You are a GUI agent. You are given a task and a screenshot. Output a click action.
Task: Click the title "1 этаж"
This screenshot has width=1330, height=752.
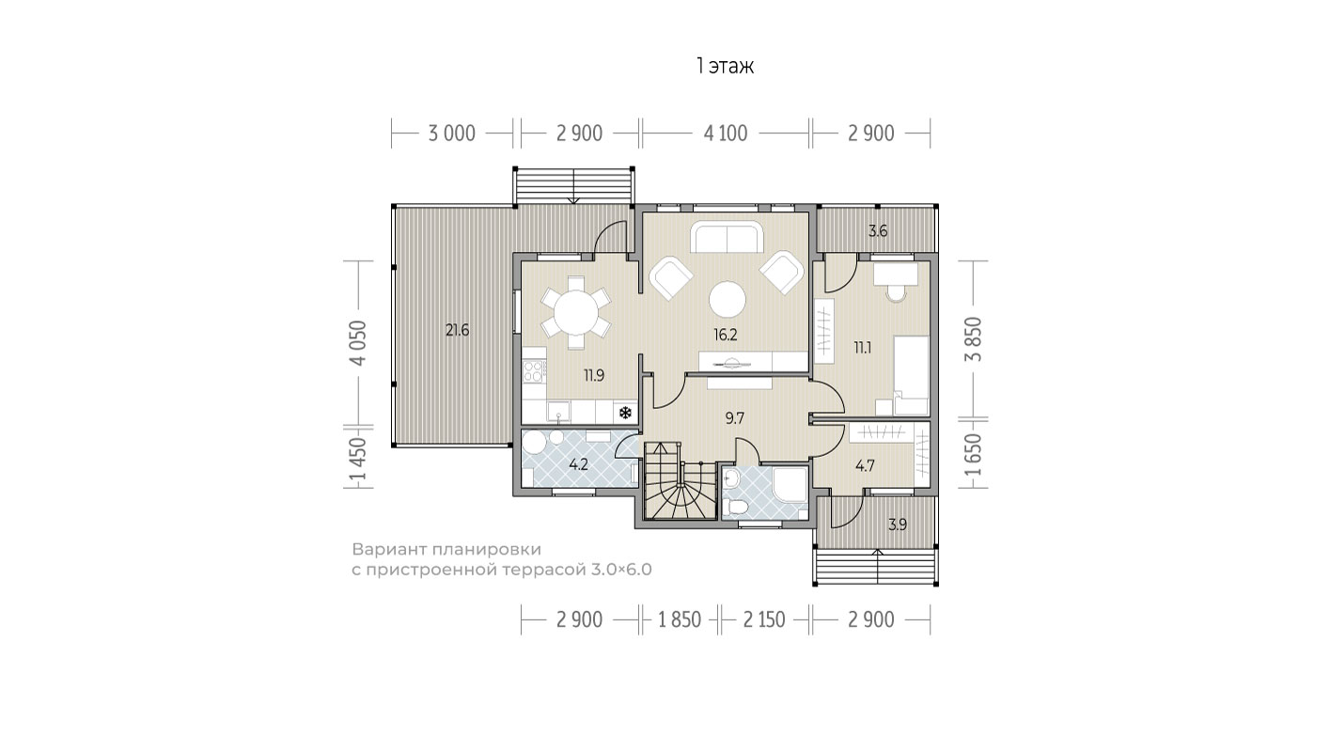pyautogui.click(x=725, y=66)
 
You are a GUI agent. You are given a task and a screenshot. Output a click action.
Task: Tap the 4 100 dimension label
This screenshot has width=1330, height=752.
pyautogui.click(x=725, y=133)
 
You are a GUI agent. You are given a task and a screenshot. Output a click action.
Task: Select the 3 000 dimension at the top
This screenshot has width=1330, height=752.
pyautogui.click(x=452, y=133)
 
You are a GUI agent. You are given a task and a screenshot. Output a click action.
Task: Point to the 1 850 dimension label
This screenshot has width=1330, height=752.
pyautogui.click(x=680, y=620)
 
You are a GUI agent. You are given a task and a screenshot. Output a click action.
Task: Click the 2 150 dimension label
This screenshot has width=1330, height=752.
pyautogui.click(x=764, y=620)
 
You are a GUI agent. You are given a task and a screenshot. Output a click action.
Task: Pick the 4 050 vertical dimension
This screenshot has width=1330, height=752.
pyautogui.click(x=359, y=343)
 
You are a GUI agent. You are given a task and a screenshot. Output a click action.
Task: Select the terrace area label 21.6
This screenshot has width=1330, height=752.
pyautogui.click(x=457, y=330)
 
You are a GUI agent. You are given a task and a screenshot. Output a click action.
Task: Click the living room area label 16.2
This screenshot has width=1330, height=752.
pyautogui.click(x=725, y=335)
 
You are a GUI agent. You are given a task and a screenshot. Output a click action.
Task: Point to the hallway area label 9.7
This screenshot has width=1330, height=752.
pyautogui.click(x=734, y=418)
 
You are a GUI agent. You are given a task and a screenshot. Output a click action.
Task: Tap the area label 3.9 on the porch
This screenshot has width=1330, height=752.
pyautogui.click(x=897, y=525)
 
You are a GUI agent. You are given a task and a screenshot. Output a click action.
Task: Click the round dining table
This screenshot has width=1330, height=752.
pyautogui.click(x=576, y=312)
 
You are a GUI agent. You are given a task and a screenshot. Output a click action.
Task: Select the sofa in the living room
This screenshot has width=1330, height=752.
pyautogui.click(x=727, y=237)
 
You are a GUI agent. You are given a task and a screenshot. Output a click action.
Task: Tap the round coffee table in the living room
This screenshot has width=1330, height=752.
pyautogui.click(x=728, y=299)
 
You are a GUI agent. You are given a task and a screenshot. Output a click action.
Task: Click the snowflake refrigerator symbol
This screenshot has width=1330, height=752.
pyautogui.click(x=625, y=413)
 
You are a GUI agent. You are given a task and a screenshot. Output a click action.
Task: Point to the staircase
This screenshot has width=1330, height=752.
pyautogui.click(x=680, y=480)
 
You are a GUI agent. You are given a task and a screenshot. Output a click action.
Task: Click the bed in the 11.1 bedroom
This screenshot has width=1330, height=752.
pyautogui.click(x=911, y=375)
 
